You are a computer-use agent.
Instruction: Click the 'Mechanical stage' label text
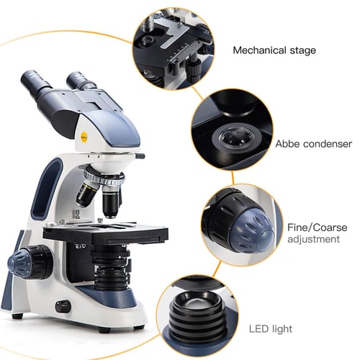coord(274,50)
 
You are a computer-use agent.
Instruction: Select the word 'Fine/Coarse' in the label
coord(317,227)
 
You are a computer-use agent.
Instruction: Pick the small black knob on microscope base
coord(63,305)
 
